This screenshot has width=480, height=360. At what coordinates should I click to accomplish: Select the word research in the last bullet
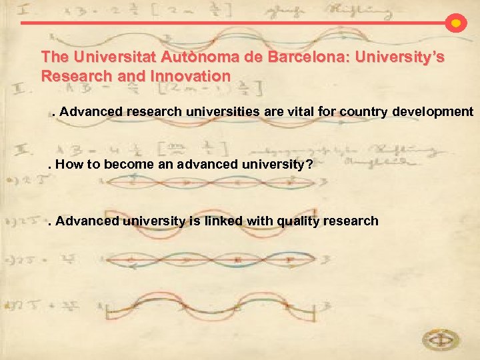(x=355, y=221)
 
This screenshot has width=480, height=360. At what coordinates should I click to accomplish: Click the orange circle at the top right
(x=455, y=23)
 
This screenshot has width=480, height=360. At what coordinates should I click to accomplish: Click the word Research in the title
(x=69, y=76)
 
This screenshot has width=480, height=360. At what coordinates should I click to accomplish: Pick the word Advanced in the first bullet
(x=89, y=112)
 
